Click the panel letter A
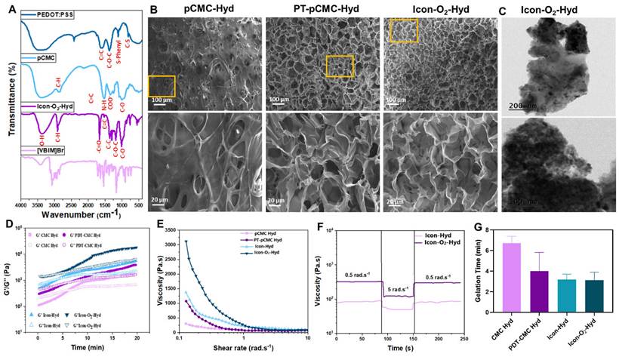[x=10, y=9]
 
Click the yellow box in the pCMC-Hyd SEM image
[x=162, y=86]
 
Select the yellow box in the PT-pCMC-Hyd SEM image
[x=339, y=66]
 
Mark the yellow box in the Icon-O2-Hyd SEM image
[x=402, y=31]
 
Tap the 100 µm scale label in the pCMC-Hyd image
[x=159, y=100]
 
